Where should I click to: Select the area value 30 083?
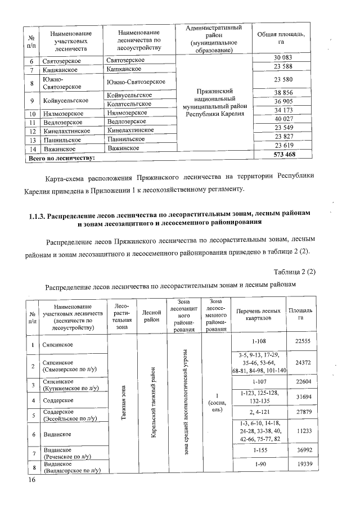click(x=283, y=58)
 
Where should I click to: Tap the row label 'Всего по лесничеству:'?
click(x=61, y=158)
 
